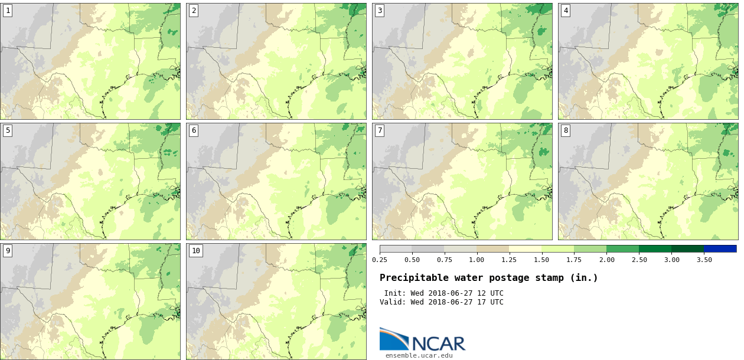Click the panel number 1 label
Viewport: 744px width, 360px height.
[x=8, y=11]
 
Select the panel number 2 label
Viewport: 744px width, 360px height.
[x=194, y=11]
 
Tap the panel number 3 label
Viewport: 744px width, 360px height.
[x=380, y=11]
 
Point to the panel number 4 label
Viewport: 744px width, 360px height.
[x=566, y=11]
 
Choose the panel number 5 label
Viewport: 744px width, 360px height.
[x=8, y=130]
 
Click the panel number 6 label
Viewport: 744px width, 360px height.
[x=194, y=130]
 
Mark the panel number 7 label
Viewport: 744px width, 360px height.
[x=380, y=130]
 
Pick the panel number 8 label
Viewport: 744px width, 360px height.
[x=566, y=130]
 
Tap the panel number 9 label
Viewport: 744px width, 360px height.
[x=8, y=251]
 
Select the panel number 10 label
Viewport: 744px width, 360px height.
[x=196, y=251]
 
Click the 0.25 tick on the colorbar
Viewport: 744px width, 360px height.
[x=380, y=260]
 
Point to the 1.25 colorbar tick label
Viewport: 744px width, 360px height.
[x=509, y=260]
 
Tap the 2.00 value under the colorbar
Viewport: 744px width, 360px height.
[x=606, y=260]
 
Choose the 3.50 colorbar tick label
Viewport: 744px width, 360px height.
[x=704, y=260]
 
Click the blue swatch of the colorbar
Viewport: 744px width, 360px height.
[x=720, y=249]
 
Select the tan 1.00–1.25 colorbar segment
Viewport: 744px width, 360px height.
[x=492, y=249]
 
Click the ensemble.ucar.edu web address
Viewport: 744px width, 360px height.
[x=419, y=355]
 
